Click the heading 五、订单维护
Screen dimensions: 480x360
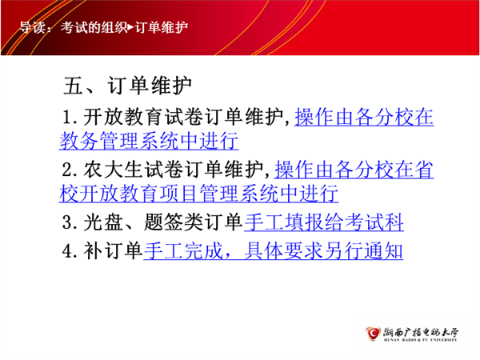point(127,86)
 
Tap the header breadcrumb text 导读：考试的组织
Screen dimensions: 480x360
point(74,27)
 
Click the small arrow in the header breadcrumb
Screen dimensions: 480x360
point(130,27)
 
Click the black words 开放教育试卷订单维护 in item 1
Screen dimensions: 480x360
point(182,118)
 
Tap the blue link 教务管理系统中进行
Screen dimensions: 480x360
point(149,141)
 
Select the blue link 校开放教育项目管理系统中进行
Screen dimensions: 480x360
point(198,194)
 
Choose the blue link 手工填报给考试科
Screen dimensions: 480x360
point(324,222)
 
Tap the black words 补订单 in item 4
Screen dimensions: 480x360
point(113,250)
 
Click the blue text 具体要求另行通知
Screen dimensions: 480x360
point(323,250)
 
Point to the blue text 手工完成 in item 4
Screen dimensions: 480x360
point(183,250)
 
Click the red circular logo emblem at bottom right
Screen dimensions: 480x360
point(373,334)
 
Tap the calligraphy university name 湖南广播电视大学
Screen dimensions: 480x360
point(421,332)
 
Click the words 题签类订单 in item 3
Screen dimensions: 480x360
point(193,222)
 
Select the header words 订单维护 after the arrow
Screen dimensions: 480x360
point(161,27)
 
